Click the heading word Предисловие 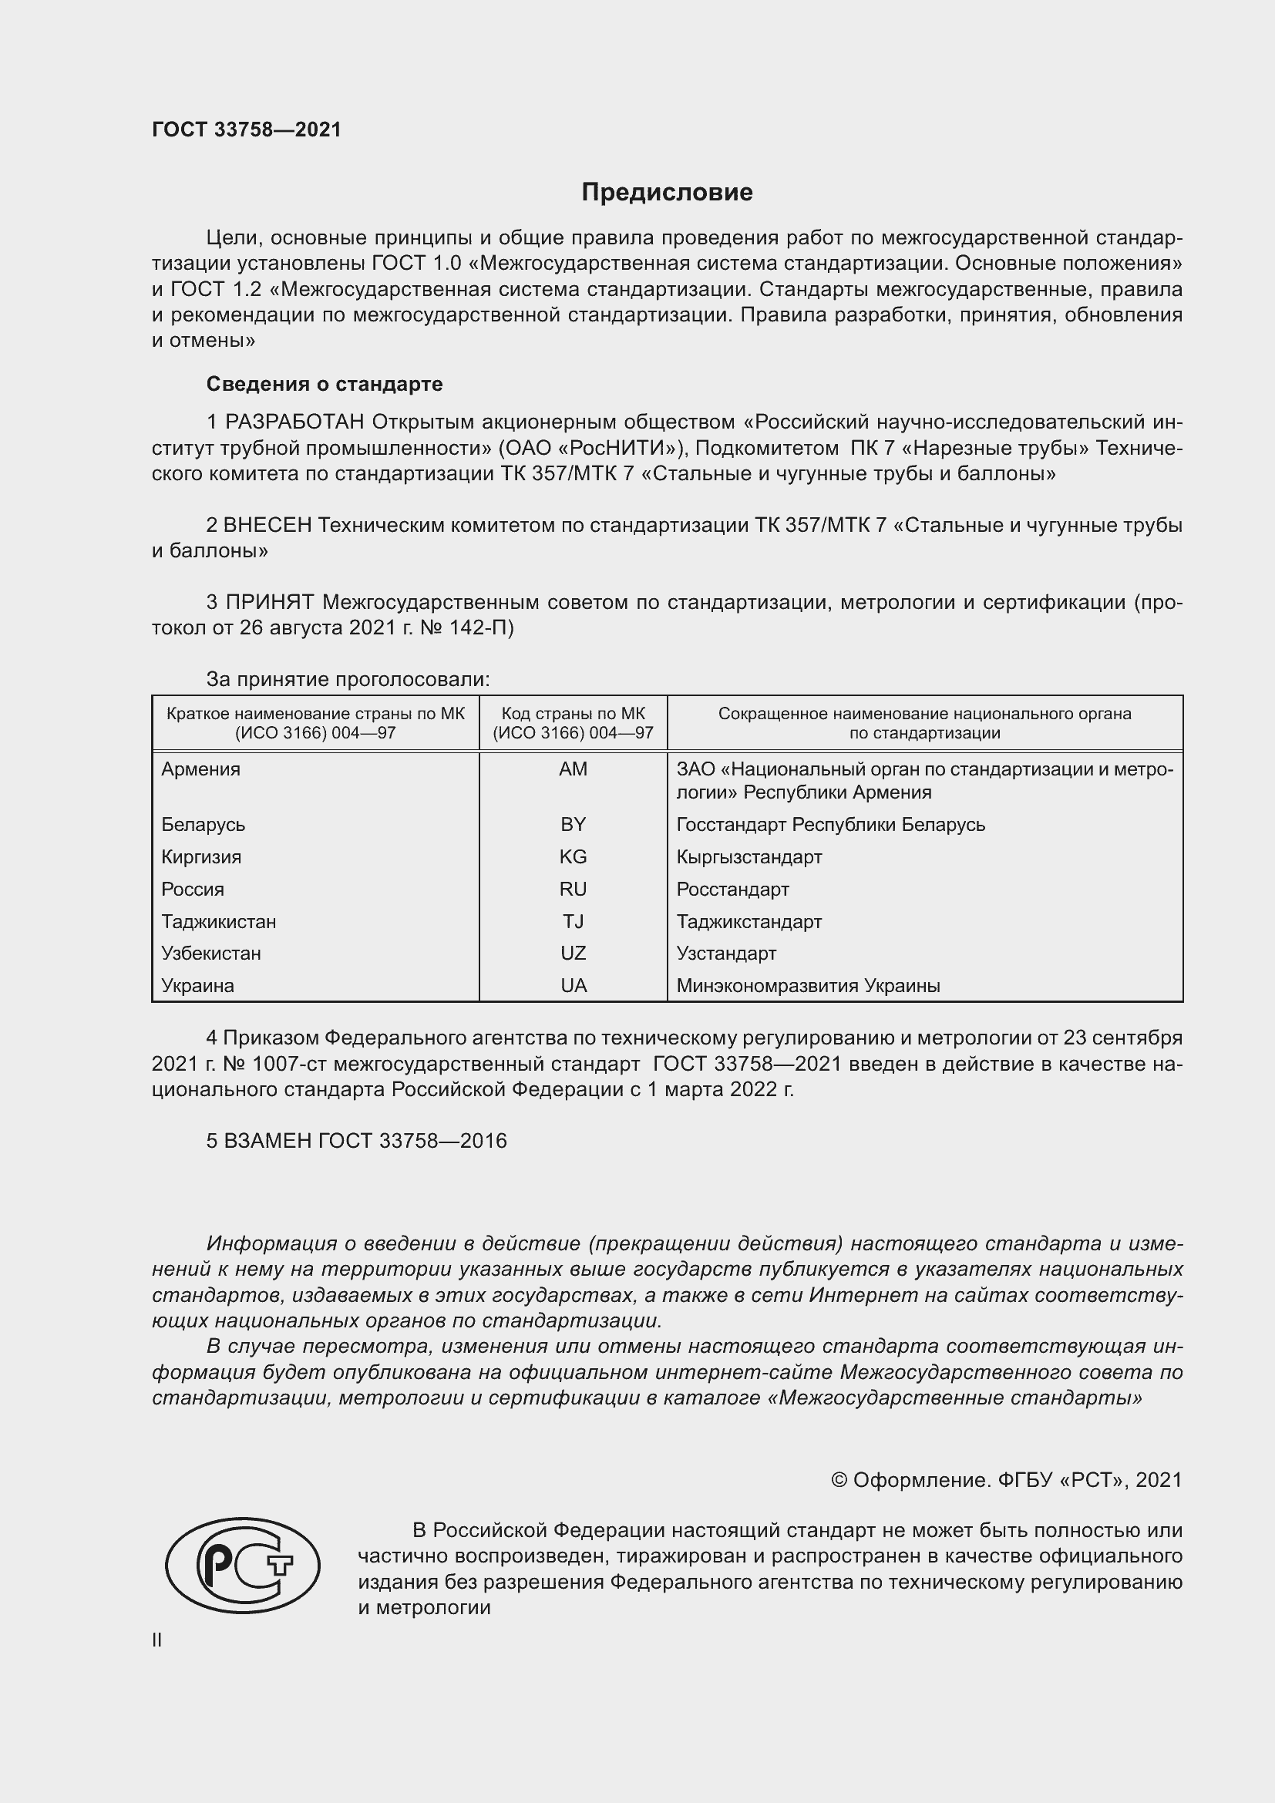[667, 193]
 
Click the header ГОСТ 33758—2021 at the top [247, 130]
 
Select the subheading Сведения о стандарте [325, 384]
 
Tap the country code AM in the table [573, 769]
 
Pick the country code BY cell [573, 824]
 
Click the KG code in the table [573, 856]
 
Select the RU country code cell [573, 889]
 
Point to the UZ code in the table [573, 953]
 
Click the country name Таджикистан [218, 921]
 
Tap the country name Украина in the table [198, 986]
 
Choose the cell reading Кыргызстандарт [749, 856]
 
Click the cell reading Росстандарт [732, 889]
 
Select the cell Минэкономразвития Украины [808, 986]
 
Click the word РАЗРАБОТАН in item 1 [294, 422]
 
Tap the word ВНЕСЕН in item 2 [267, 525]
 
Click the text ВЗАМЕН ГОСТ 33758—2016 [356, 1140]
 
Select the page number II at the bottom [157, 1640]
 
